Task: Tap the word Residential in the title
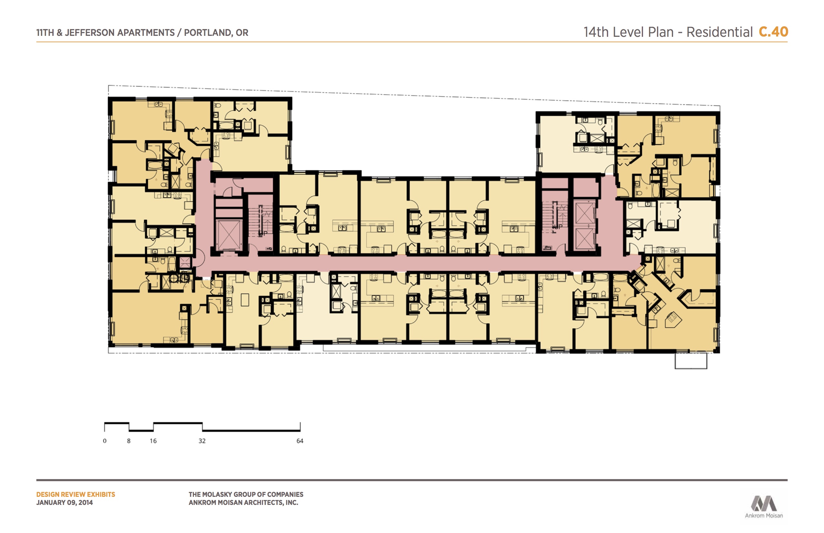(719, 32)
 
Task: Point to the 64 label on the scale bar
(300, 441)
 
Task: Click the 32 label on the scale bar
(202, 441)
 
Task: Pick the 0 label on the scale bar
(105, 441)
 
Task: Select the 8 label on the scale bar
(129, 441)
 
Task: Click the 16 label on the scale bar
(153, 441)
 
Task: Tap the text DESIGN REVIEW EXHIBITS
(76, 495)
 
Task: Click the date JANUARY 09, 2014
(64, 503)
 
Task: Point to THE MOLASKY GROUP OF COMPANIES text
(246, 495)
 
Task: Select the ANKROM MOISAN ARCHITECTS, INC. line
(243, 503)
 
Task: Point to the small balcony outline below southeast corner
(691, 360)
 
